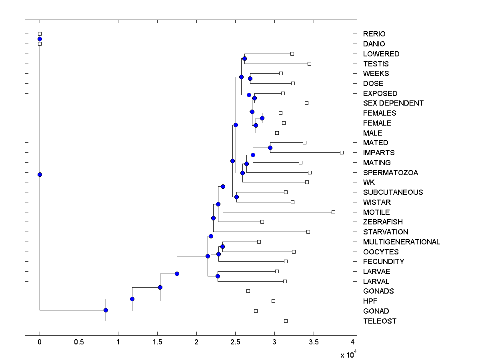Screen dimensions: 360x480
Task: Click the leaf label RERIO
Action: click(374, 34)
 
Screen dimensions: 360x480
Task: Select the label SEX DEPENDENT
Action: click(393, 103)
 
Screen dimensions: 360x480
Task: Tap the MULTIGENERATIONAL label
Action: click(401, 242)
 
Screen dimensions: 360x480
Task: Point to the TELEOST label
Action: click(380, 321)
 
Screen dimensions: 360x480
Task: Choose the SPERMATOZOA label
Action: click(390, 172)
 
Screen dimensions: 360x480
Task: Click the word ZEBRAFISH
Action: click(383, 222)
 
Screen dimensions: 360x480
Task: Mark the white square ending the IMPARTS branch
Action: click(342, 152)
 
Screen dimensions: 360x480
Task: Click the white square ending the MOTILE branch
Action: click(333, 212)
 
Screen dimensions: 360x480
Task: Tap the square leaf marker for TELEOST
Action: click(286, 321)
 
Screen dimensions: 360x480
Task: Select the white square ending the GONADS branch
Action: click(248, 291)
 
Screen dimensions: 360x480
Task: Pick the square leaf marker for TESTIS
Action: click(309, 64)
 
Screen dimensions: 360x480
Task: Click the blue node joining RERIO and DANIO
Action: click(40, 39)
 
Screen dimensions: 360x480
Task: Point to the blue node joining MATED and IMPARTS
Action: click(270, 148)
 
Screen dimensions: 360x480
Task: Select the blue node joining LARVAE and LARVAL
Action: click(218, 276)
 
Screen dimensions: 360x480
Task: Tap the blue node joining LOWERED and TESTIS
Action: click(244, 59)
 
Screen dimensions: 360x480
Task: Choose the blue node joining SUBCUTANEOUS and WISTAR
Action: click(236, 197)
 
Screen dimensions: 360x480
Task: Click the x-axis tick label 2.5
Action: click(235, 342)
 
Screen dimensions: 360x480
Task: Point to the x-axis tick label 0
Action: click(40, 342)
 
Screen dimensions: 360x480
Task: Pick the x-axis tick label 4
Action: click(352, 342)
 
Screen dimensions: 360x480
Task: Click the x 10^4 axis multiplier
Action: click(347, 355)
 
